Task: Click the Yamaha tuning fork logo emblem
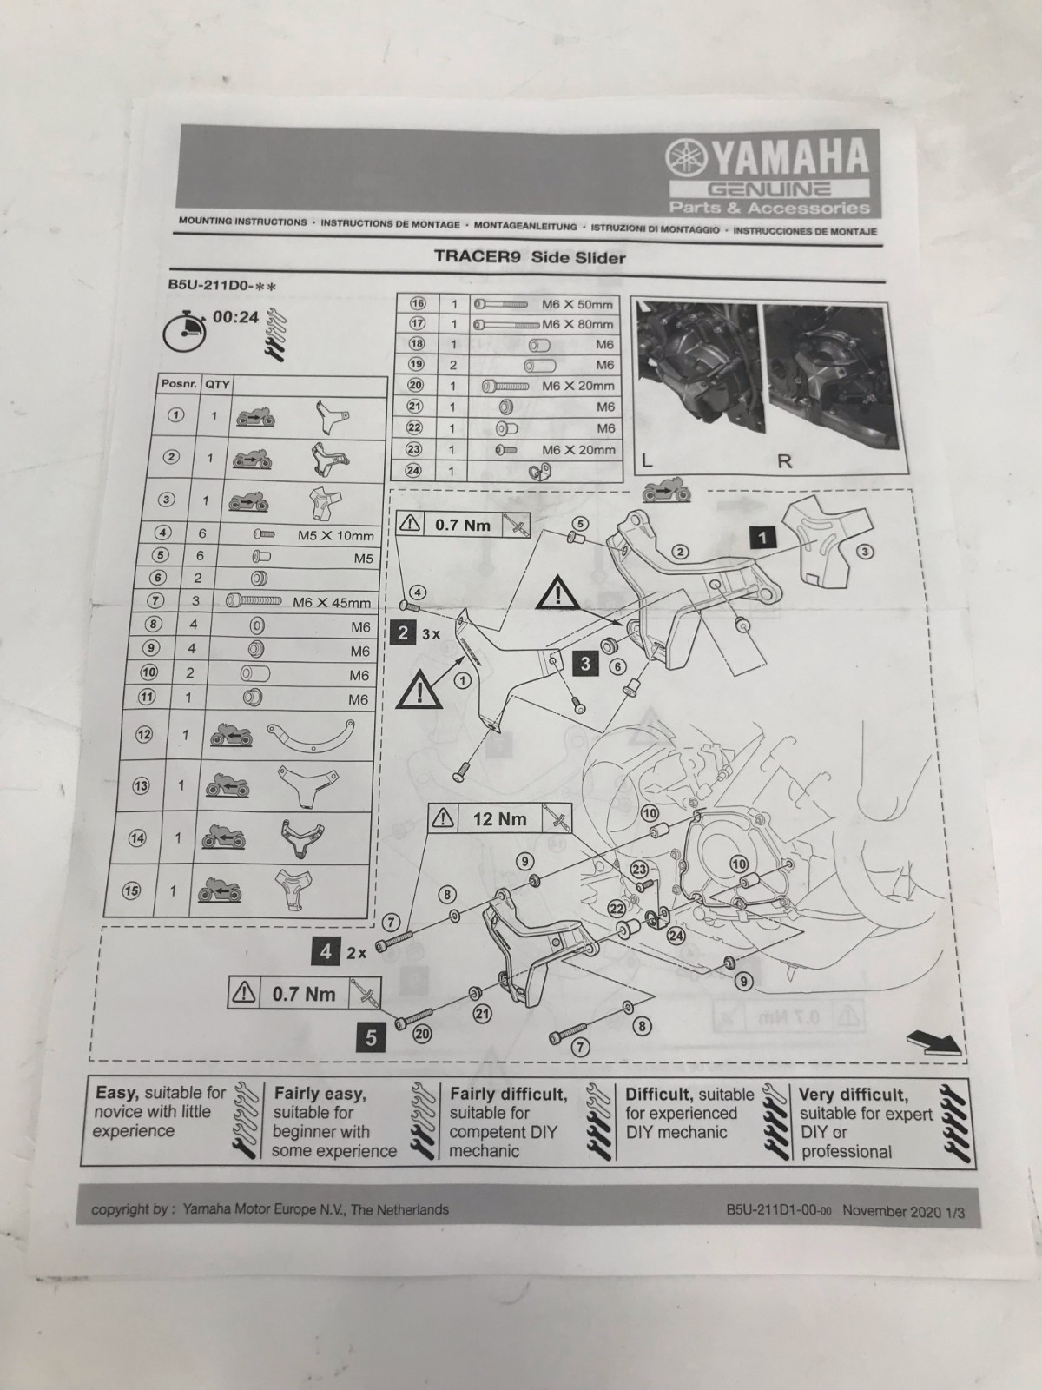click(686, 159)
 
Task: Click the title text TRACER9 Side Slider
click(530, 257)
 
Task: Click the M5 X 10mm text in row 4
click(336, 536)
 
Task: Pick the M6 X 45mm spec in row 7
click(332, 602)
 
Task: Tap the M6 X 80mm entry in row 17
click(577, 324)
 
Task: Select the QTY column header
click(216, 384)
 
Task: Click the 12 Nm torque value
click(500, 819)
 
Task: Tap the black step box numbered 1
click(762, 539)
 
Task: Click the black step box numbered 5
click(371, 1038)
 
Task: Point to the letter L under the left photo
click(647, 461)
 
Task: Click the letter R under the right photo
click(784, 461)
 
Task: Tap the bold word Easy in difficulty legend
click(117, 1094)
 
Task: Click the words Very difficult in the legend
click(854, 1095)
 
